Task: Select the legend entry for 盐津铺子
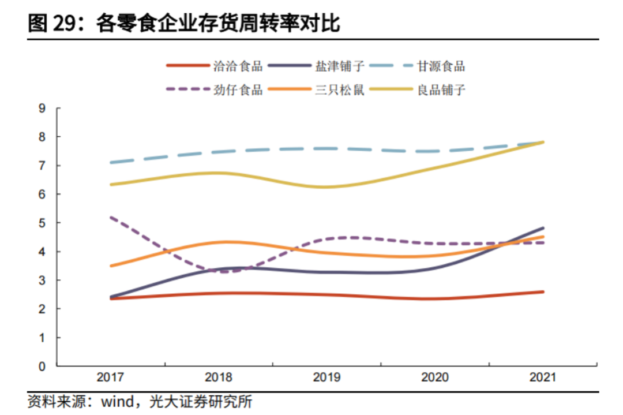tap(340, 66)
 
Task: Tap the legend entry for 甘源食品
tap(441, 66)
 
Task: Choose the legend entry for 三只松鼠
tap(340, 89)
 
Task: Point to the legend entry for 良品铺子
tap(441, 89)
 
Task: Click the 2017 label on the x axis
tap(110, 377)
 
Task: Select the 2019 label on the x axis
tap(326, 377)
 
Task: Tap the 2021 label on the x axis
tap(543, 377)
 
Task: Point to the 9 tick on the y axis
tap(42, 108)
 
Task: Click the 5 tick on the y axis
tap(42, 223)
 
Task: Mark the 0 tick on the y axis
tap(42, 366)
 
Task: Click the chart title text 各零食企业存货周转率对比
tap(219, 24)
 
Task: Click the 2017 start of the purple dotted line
tap(110, 218)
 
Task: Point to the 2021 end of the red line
tap(543, 291)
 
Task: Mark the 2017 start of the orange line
tap(110, 266)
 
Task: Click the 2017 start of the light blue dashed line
tap(110, 163)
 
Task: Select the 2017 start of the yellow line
tap(110, 185)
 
